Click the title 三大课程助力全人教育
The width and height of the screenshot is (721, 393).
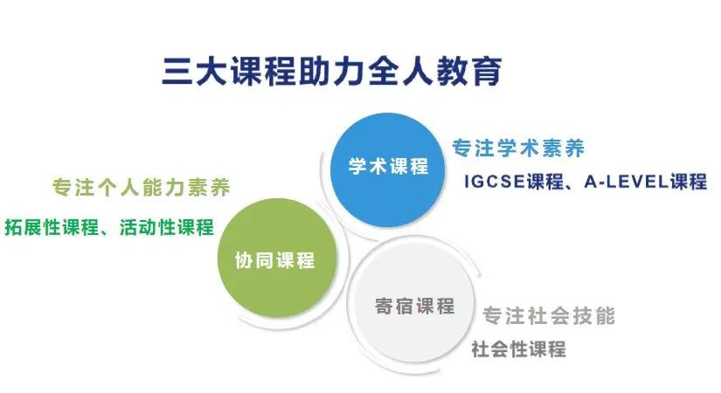332,71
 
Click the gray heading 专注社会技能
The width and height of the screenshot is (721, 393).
550,315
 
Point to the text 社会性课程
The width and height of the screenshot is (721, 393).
518,348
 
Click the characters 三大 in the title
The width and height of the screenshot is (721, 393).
184,71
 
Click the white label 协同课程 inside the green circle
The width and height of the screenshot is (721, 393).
274,259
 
